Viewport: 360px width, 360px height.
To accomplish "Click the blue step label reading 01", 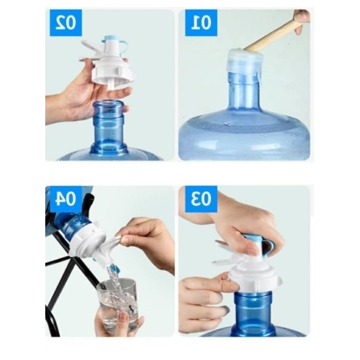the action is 201,23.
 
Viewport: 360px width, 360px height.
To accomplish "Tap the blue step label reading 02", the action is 66,23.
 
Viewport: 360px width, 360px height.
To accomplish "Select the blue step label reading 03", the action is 201,199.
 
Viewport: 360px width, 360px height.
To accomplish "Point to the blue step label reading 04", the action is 66,199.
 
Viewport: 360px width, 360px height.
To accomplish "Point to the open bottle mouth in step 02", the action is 109,105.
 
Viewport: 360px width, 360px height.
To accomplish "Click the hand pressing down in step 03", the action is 248,225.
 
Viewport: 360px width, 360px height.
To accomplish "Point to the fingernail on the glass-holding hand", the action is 123,317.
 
